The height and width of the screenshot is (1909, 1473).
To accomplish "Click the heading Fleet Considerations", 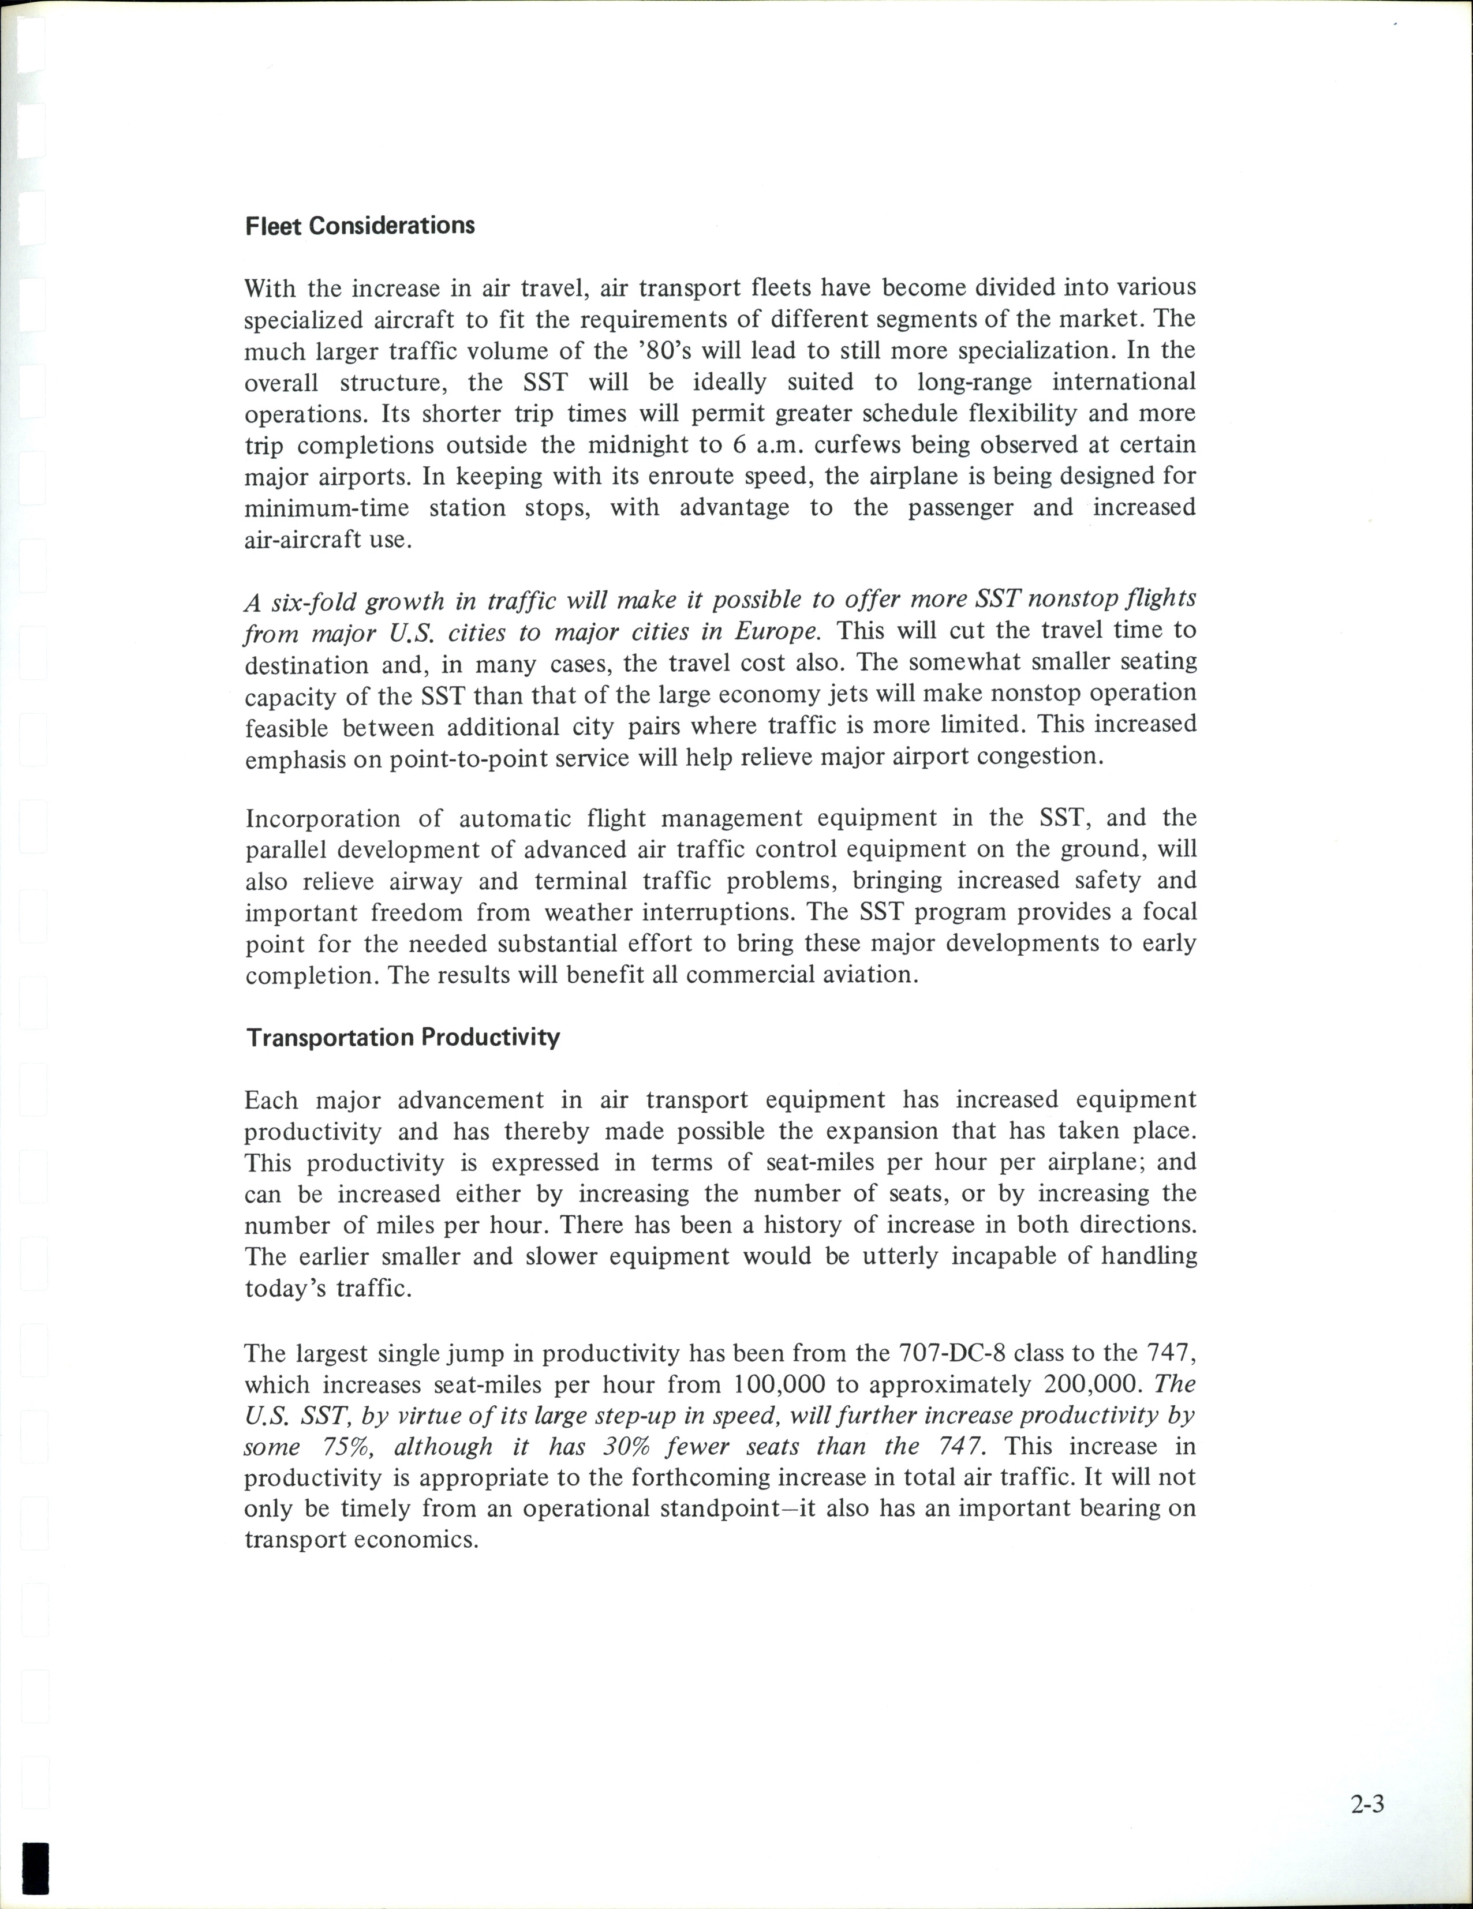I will click(359, 226).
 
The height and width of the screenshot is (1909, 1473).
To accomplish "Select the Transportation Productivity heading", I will click(402, 1038).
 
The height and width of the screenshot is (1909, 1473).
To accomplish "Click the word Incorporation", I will click(323, 819).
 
